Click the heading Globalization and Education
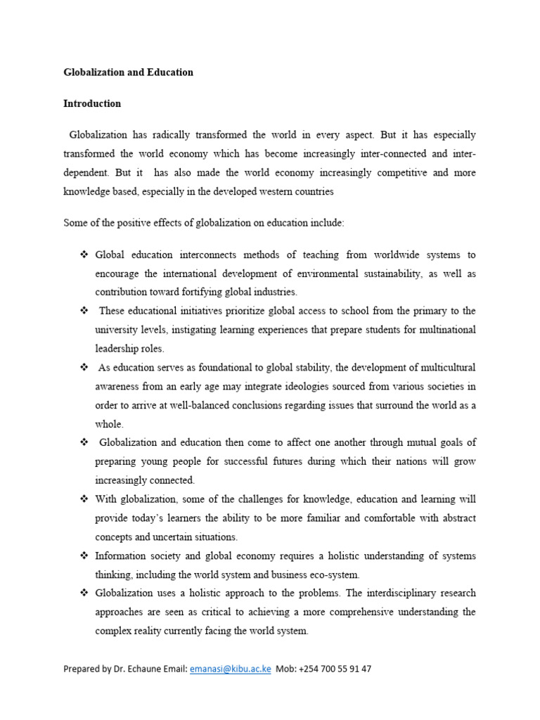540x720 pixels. point(128,72)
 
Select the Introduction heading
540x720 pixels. point(92,103)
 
